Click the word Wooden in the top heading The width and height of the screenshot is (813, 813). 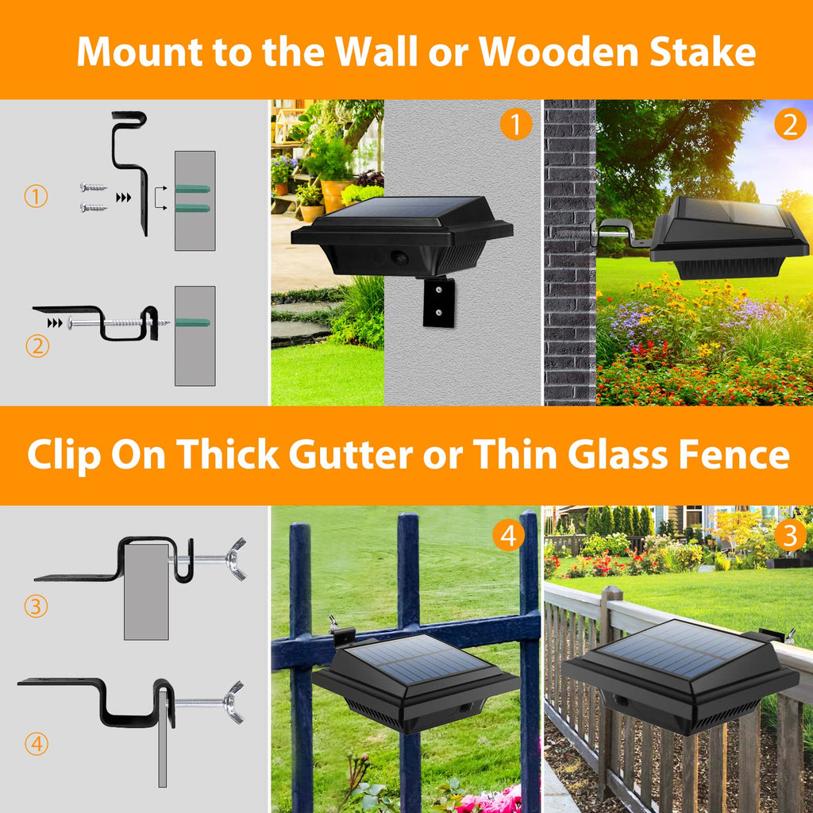[x=559, y=52]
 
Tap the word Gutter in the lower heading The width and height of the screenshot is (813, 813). [x=350, y=455]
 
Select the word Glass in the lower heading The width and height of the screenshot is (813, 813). [x=618, y=455]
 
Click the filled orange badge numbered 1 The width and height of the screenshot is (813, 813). [x=516, y=125]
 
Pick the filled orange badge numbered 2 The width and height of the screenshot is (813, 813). [x=791, y=125]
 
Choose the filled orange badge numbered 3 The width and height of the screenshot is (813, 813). [x=791, y=535]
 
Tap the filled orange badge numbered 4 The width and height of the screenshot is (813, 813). [x=508, y=535]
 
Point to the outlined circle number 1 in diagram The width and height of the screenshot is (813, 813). [x=37, y=197]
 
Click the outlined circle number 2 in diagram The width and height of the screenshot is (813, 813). [x=37, y=346]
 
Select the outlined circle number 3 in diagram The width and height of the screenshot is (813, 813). [x=37, y=606]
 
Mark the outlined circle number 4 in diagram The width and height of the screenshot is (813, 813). [x=37, y=744]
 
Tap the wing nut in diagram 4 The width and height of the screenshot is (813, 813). [x=234, y=703]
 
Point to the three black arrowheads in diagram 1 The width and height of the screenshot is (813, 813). [x=123, y=198]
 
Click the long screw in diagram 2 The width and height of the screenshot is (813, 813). [x=119, y=323]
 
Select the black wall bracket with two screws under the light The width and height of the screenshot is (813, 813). [x=438, y=302]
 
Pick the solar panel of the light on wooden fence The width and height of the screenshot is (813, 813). [x=680, y=648]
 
